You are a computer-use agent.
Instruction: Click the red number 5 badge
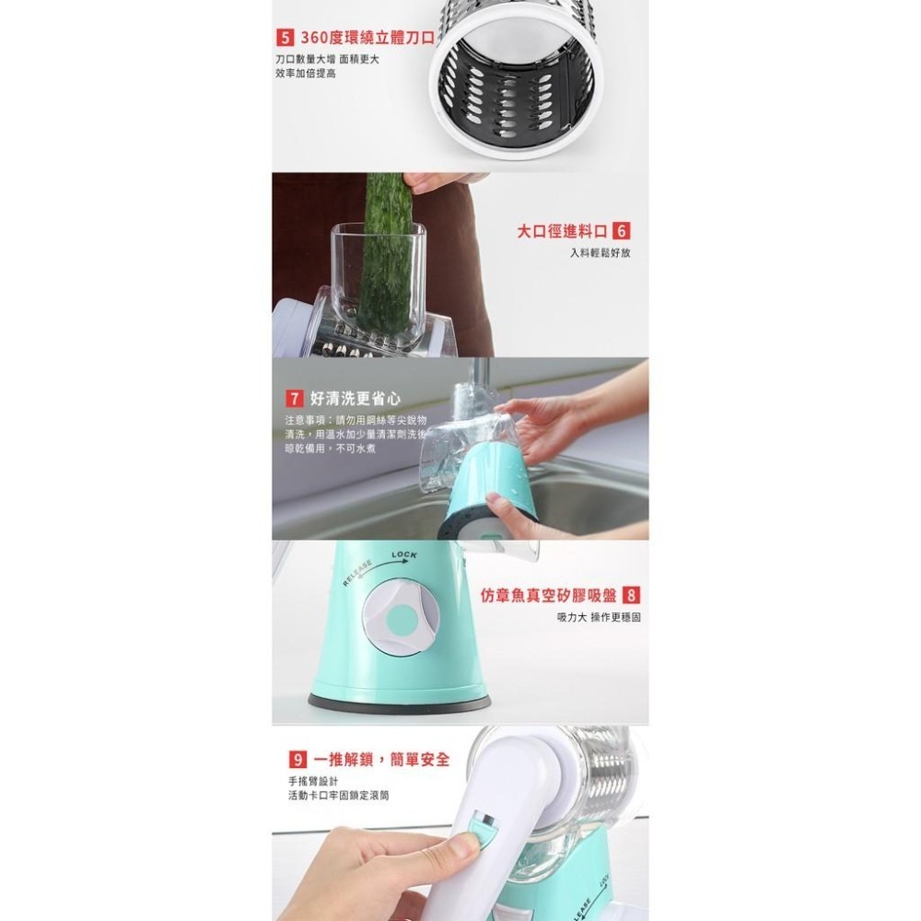286,40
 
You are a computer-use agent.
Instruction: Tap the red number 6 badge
621,231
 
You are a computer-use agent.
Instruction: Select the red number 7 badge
294,399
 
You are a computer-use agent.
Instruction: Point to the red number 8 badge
632,595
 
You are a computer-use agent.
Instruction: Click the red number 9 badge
297,759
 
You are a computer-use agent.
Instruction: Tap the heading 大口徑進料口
561,231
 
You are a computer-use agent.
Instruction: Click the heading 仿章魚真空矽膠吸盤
548,595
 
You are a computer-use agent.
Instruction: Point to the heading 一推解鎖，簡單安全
381,759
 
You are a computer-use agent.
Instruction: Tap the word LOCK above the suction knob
405,554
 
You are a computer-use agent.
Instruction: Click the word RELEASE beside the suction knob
357,572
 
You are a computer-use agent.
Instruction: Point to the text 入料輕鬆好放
599,252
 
